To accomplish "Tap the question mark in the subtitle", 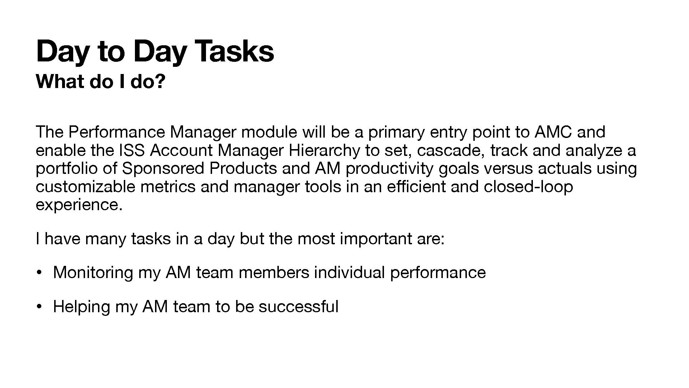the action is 161,82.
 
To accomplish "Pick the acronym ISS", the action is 132,151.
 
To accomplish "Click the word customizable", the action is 86,187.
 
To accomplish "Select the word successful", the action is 299,307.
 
